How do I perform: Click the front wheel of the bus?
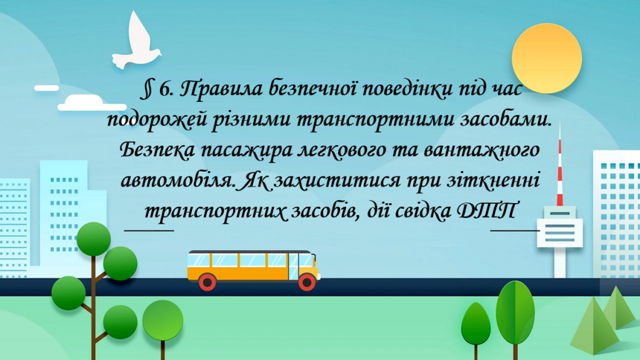coord(307,282)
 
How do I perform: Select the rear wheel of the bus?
coord(207,282)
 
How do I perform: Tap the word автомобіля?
coord(178,181)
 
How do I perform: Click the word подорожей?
coord(149,120)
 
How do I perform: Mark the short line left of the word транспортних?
coord(149,229)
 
